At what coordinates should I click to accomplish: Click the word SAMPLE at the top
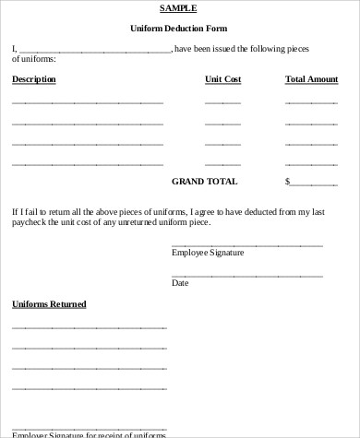(x=178, y=8)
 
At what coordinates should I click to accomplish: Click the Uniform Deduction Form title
(x=178, y=30)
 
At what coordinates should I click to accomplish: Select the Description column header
(x=34, y=79)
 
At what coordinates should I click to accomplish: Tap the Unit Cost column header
(x=222, y=79)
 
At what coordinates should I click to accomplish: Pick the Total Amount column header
(x=311, y=79)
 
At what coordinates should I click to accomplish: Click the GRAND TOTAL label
(x=204, y=182)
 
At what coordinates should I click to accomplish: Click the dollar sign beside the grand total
(x=288, y=182)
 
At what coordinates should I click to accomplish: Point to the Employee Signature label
(x=208, y=253)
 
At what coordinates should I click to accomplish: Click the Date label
(x=180, y=283)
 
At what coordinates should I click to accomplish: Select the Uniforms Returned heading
(x=49, y=304)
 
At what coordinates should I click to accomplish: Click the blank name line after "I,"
(x=94, y=52)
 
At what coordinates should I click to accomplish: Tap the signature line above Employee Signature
(x=246, y=245)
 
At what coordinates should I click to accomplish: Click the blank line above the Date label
(x=246, y=276)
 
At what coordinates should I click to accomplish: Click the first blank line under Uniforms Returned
(x=89, y=326)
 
